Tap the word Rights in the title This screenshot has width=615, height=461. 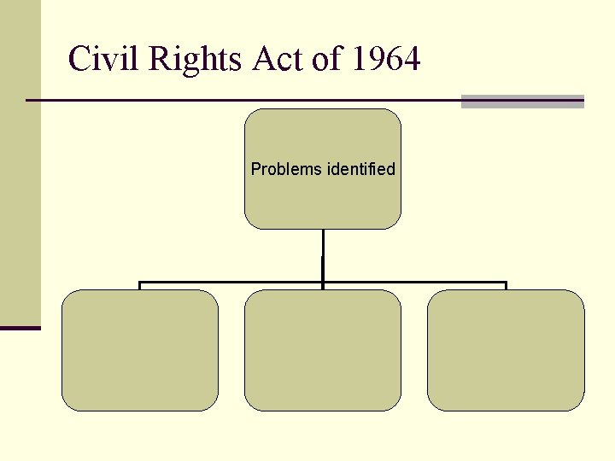[x=196, y=60]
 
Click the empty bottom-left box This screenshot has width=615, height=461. [x=140, y=350]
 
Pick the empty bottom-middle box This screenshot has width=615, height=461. [x=323, y=350]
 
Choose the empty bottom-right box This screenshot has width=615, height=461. [x=506, y=350]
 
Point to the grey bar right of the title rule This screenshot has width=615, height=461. [x=522, y=102]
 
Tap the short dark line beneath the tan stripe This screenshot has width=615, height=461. [x=20, y=328]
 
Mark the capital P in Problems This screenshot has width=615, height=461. [x=255, y=169]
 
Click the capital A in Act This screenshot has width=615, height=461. [x=263, y=60]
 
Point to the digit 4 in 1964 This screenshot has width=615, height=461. [x=411, y=60]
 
